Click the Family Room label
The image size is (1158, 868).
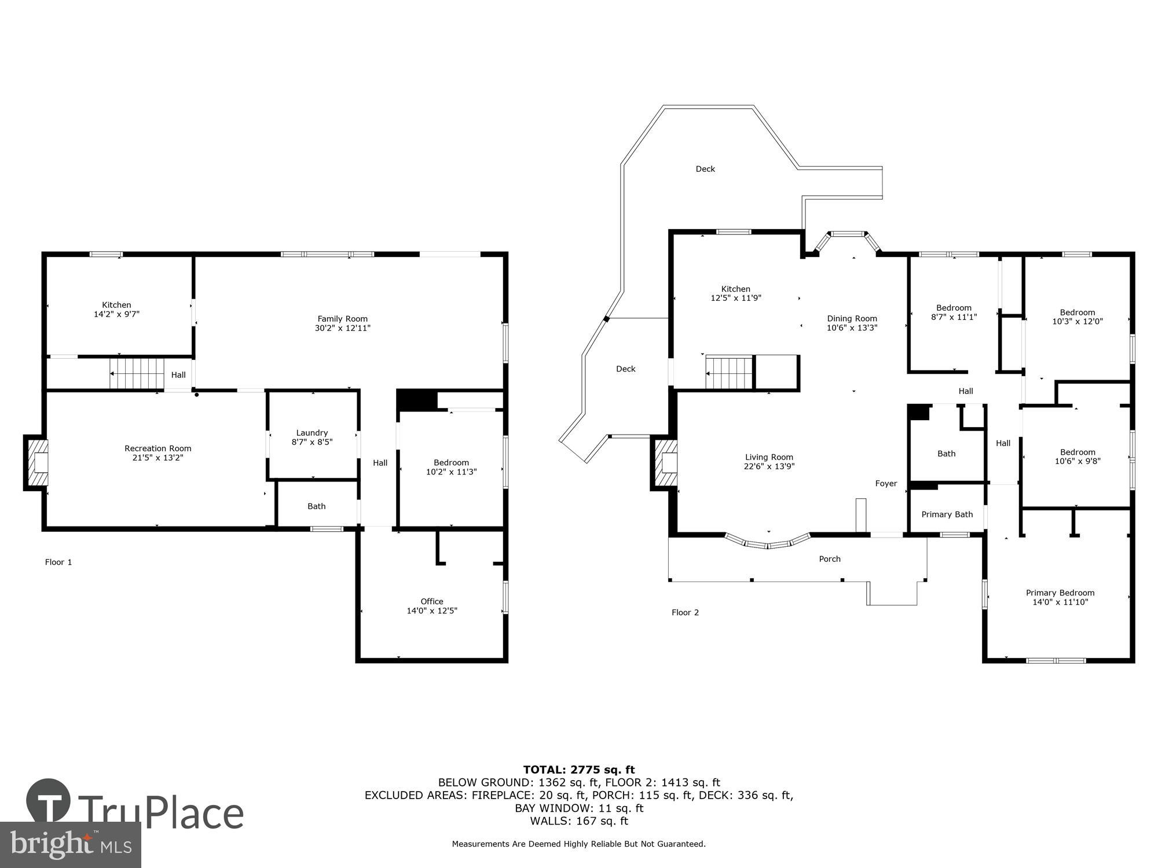342,319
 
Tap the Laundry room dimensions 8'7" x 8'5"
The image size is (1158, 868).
312,442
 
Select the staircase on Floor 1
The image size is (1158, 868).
137,374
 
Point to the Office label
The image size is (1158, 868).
432,601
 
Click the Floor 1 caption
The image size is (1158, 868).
58,562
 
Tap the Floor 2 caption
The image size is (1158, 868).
685,612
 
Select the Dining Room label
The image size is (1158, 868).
852,318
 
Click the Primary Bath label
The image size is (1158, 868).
947,514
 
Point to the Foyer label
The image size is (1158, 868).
886,483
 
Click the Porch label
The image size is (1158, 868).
830,559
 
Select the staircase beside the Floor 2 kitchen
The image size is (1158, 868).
730,373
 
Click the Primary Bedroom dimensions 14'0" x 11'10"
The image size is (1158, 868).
1060,602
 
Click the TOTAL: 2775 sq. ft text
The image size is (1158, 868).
579,770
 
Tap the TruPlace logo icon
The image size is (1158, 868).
49,801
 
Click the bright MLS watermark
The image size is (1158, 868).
71,845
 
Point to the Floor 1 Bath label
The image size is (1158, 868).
316,506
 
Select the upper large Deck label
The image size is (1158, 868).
705,169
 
